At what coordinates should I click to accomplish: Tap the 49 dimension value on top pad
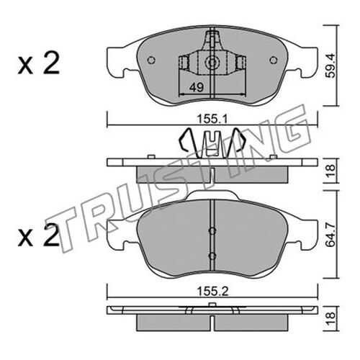click(x=197, y=87)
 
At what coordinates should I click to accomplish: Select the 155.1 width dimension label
click(x=212, y=119)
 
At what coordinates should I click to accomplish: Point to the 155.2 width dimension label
click(x=212, y=292)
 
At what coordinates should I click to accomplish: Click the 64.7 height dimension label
click(x=331, y=235)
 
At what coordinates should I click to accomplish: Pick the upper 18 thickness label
click(x=331, y=171)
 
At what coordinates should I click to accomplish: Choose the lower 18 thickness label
click(x=331, y=319)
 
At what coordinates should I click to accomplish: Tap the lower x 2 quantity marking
click(x=39, y=236)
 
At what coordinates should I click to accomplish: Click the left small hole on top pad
click(x=151, y=60)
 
